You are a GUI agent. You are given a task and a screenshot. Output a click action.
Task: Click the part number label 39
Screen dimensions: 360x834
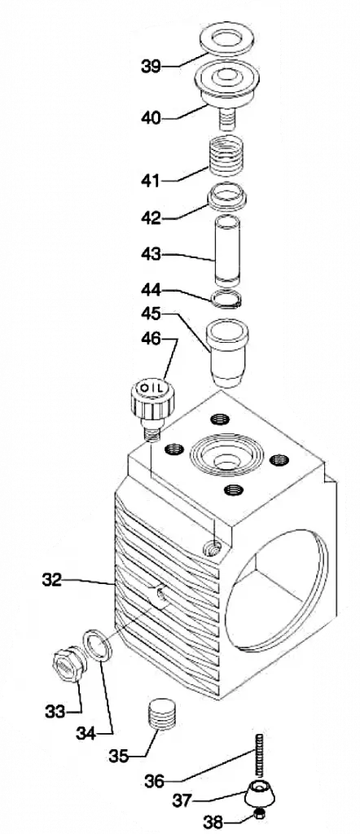click(x=151, y=67)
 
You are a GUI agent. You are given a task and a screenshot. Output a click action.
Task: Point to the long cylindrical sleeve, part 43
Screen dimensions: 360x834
click(x=229, y=251)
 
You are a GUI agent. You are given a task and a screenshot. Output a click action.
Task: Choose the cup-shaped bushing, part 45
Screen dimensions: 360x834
click(x=227, y=352)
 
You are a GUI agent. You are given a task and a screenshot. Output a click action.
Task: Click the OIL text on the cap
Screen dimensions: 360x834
click(x=151, y=388)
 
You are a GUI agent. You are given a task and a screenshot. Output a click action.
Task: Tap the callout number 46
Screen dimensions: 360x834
click(x=151, y=339)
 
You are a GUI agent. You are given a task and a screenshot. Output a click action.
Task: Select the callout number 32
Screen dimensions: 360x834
click(x=52, y=580)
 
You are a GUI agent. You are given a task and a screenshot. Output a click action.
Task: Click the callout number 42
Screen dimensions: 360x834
click(x=151, y=217)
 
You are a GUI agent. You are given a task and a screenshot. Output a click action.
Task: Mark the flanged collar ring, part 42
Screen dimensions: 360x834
click(x=227, y=195)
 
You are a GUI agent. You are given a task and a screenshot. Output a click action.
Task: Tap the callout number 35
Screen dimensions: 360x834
click(x=121, y=755)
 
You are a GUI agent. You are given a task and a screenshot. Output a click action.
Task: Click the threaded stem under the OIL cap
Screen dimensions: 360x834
click(x=152, y=432)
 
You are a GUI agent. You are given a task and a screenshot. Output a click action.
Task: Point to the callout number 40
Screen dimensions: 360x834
click(x=151, y=117)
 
